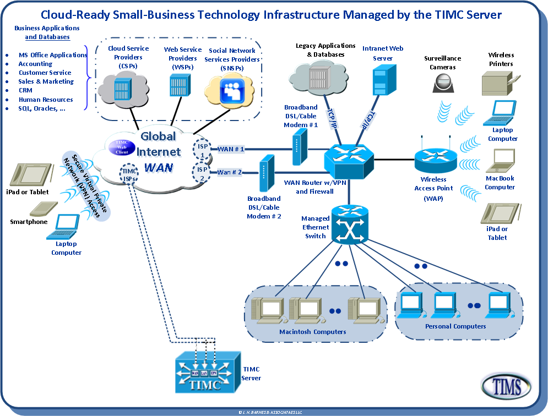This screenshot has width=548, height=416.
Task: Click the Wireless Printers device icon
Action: coord(500,84)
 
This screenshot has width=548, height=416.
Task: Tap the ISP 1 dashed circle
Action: coord(202,149)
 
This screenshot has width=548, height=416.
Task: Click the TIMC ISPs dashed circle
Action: coord(129,174)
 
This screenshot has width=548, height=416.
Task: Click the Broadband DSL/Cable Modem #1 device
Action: coord(297,150)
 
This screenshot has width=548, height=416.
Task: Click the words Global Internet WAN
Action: coord(158,151)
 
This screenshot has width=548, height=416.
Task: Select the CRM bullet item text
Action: coord(25,91)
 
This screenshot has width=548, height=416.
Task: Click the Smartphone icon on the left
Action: coord(41,209)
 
